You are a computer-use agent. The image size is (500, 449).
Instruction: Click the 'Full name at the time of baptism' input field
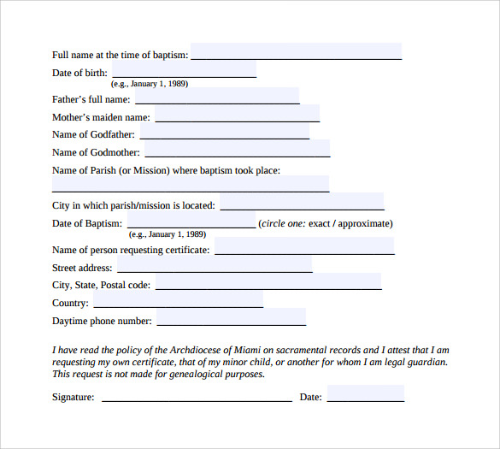(296, 52)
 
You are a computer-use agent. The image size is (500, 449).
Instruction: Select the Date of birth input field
(184, 69)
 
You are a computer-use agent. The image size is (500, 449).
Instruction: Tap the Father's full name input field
(217, 96)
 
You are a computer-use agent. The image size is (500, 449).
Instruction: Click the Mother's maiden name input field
(237, 114)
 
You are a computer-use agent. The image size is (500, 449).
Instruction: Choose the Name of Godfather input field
(225, 132)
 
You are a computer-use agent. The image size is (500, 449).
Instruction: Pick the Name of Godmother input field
(237, 150)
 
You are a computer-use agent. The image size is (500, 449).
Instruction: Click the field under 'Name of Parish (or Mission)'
(191, 184)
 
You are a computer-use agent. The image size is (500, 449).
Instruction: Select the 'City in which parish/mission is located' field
(302, 202)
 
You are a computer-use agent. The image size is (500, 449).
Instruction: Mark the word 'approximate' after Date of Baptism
(366, 224)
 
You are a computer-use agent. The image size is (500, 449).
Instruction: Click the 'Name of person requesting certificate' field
(304, 246)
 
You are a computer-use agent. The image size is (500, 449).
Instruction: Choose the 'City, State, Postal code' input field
(268, 281)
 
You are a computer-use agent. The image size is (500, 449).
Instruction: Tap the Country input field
(178, 299)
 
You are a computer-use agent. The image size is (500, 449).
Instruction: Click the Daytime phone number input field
(231, 317)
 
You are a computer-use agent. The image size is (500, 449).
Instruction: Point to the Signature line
(197, 397)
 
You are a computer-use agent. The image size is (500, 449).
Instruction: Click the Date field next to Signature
(365, 394)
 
